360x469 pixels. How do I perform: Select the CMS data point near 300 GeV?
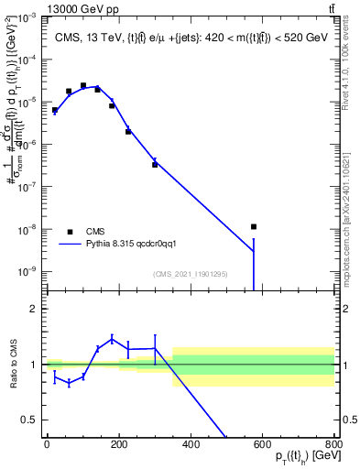[x=155, y=164]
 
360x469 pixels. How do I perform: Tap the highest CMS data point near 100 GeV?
[x=83, y=85]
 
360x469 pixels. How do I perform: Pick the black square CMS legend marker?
[x=70, y=232]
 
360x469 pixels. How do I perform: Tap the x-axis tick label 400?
[x=191, y=443]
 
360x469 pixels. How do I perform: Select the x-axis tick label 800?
[x=334, y=443]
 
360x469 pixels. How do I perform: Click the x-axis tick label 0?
[x=47, y=443]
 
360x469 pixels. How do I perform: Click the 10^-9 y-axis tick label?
[x=25, y=270]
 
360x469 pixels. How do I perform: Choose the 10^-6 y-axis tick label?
[x=25, y=144]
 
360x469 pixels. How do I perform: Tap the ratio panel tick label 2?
[x=33, y=309]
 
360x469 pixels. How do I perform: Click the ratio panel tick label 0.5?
[x=29, y=420]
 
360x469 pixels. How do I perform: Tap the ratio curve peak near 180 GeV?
[x=112, y=338]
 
